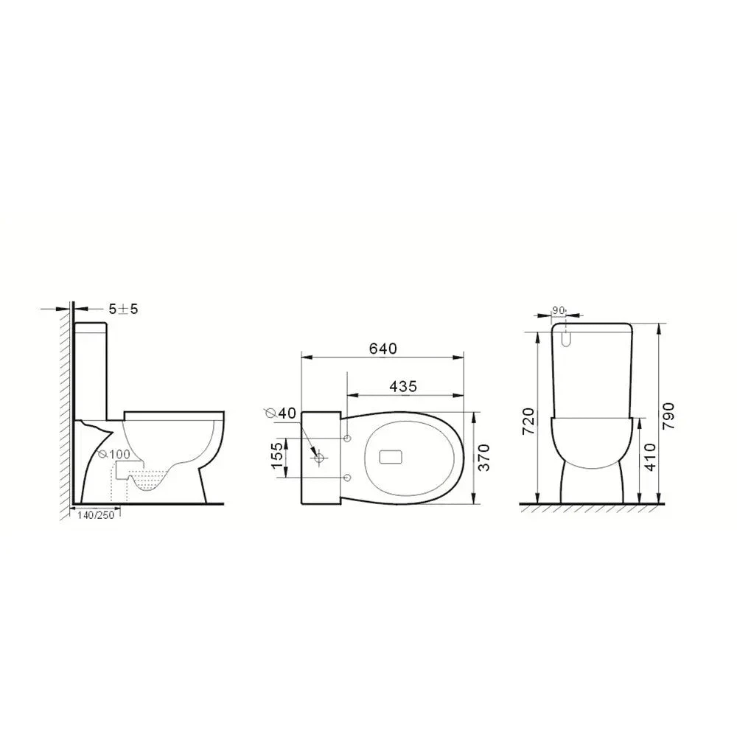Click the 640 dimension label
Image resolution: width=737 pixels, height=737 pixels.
(x=383, y=349)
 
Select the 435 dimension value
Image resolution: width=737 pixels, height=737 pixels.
(x=403, y=386)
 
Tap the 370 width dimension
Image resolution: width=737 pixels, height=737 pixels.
(x=483, y=458)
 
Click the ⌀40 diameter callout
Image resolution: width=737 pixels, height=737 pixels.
(x=281, y=413)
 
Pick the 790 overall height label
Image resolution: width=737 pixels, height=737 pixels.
(x=668, y=416)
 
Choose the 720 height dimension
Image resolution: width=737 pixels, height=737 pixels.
(x=528, y=421)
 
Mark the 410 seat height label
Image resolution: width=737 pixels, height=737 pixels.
(x=650, y=458)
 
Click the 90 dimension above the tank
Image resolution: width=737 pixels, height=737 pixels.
(x=559, y=310)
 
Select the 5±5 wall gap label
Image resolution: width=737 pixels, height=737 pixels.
(x=124, y=310)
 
